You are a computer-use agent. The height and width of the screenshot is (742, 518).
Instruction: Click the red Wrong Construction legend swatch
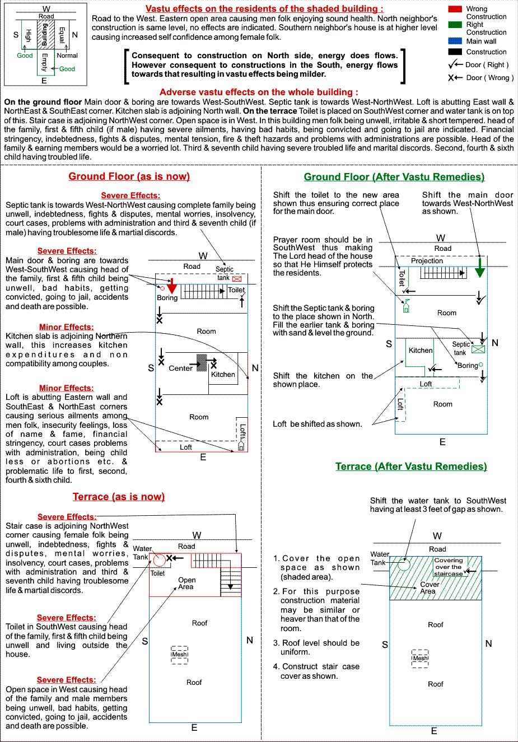[455, 9]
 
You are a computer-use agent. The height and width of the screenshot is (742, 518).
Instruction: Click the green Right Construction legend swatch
[455, 25]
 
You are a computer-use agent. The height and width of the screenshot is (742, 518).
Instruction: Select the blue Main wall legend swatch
[455, 41]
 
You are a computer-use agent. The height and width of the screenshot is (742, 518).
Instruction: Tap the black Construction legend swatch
[455, 52]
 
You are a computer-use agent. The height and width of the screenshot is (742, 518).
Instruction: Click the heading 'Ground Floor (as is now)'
[129, 176]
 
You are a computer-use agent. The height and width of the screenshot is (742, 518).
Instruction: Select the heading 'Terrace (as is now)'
[119, 497]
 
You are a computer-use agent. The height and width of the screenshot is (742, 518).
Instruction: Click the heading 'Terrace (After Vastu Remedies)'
[411, 466]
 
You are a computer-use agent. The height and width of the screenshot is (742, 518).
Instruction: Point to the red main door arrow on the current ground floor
[172, 286]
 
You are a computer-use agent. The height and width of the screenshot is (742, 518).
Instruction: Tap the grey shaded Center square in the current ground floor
[202, 362]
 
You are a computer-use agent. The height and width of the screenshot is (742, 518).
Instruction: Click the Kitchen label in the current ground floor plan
[223, 375]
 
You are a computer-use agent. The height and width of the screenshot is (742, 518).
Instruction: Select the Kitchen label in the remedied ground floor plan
[421, 351]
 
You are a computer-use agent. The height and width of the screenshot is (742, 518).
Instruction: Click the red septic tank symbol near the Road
[237, 278]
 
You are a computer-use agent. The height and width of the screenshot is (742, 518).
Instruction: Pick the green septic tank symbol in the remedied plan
[478, 349]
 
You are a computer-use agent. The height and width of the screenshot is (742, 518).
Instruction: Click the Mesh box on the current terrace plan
[180, 655]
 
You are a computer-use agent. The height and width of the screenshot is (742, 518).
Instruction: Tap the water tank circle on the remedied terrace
[404, 563]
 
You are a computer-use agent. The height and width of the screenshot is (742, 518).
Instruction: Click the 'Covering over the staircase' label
[449, 567]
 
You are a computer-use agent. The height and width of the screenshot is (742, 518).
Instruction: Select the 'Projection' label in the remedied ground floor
[427, 261]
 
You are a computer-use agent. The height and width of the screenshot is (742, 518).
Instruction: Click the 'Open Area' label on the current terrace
[187, 584]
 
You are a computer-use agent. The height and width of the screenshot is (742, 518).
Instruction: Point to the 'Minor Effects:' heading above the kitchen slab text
[66, 327]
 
